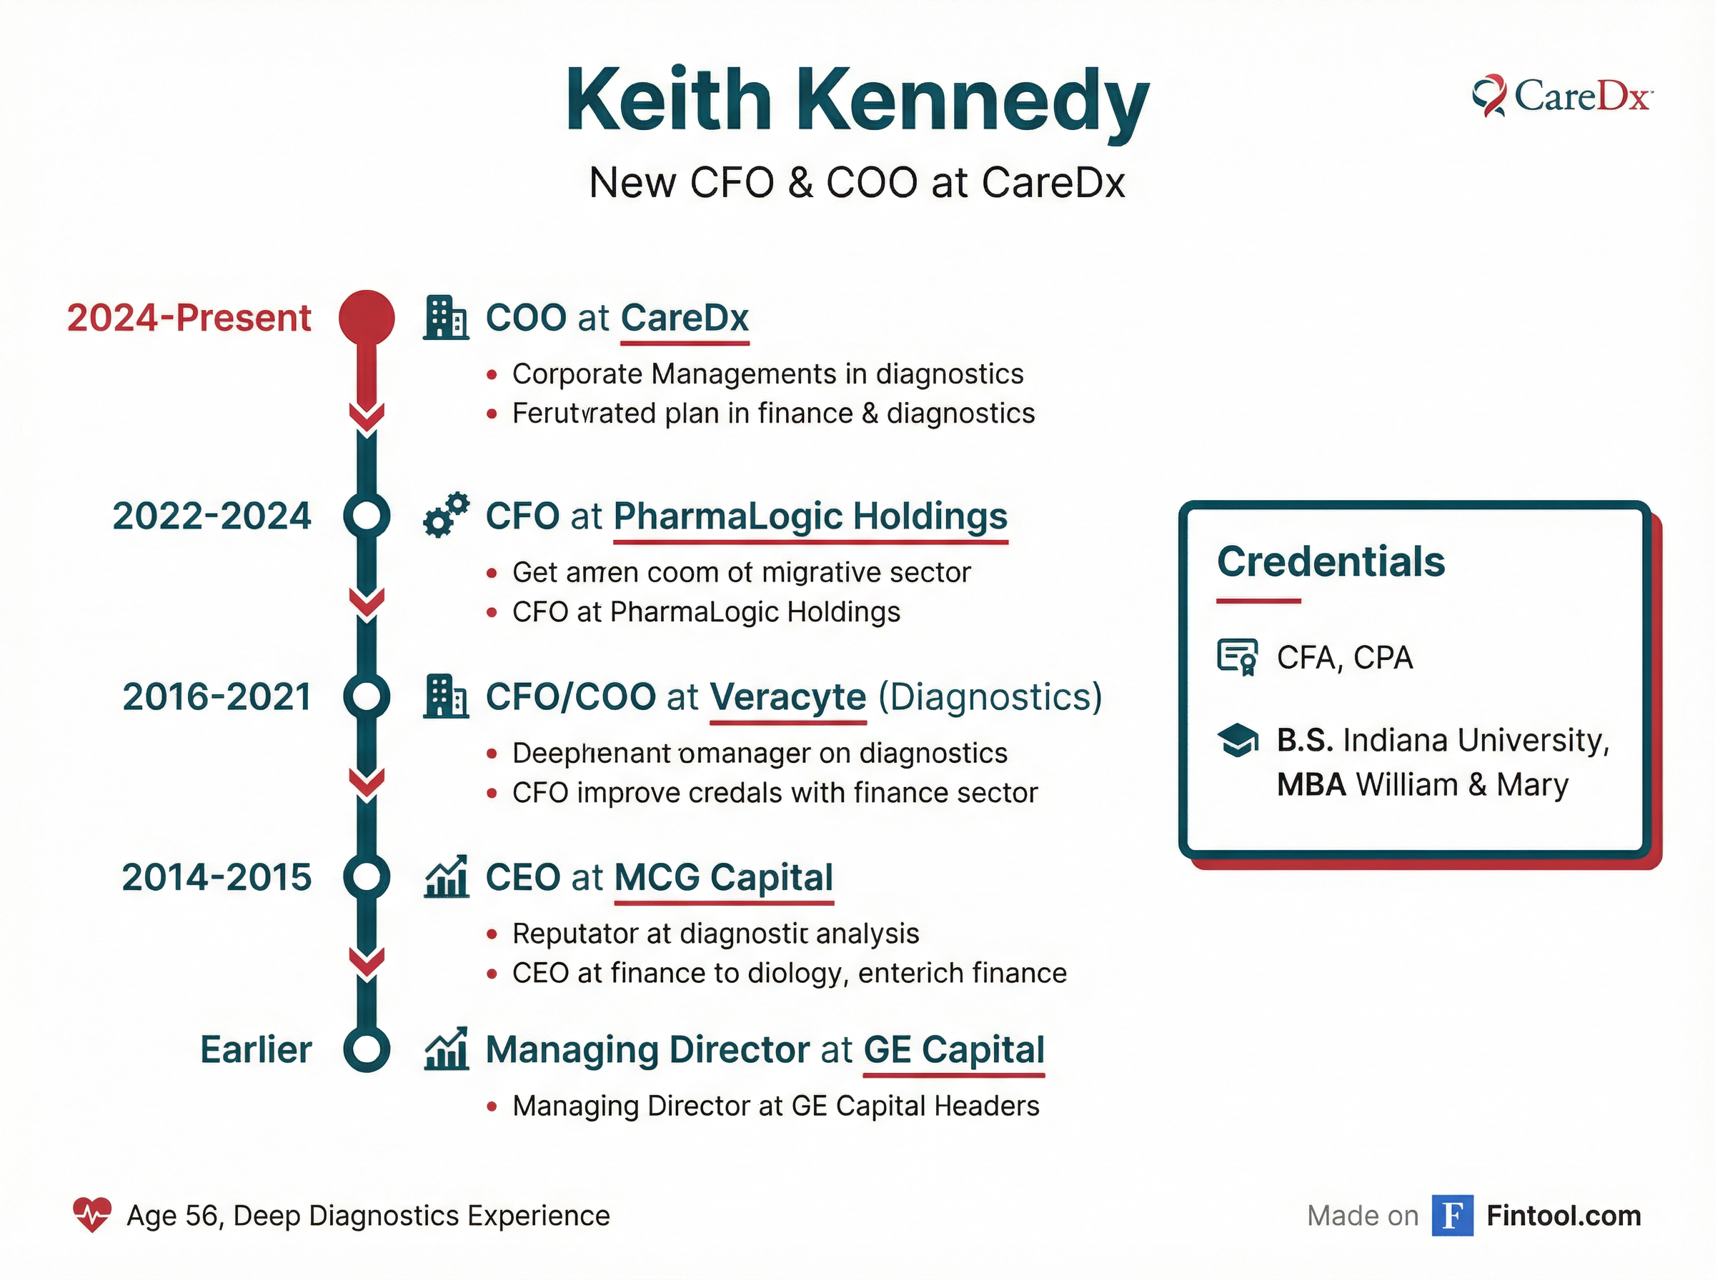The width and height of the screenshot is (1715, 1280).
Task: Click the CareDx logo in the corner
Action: click(x=1561, y=97)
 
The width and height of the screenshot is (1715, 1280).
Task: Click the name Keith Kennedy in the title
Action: click(x=857, y=101)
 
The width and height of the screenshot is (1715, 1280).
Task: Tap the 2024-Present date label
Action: click(x=189, y=318)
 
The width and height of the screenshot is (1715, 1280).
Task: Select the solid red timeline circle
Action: click(x=367, y=318)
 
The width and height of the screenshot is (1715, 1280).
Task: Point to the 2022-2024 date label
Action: click(x=212, y=516)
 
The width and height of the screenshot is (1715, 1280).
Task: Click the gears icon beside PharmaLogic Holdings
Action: click(x=447, y=515)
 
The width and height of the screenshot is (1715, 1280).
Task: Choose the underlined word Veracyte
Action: click(x=787, y=696)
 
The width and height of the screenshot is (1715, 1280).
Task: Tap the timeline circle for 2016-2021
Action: click(x=367, y=696)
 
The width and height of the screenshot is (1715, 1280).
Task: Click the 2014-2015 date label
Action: click(x=217, y=877)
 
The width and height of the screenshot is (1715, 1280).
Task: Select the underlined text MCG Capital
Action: click(x=724, y=877)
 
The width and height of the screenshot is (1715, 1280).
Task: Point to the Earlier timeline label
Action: click(x=256, y=1050)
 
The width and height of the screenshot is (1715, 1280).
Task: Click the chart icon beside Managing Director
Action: click(x=447, y=1049)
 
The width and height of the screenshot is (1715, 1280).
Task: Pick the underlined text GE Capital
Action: click(x=954, y=1050)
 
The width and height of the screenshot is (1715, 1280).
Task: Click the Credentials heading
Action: click(x=1331, y=561)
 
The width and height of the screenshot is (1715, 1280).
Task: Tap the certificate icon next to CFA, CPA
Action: click(x=1237, y=657)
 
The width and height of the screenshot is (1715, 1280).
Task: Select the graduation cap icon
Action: click(x=1238, y=740)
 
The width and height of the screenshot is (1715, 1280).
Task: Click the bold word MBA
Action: click(x=1311, y=785)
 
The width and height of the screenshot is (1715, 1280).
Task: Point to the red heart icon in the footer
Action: click(x=92, y=1215)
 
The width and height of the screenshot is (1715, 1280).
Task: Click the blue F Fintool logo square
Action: click(x=1452, y=1215)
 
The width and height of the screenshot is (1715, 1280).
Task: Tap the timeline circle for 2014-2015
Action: click(x=367, y=877)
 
